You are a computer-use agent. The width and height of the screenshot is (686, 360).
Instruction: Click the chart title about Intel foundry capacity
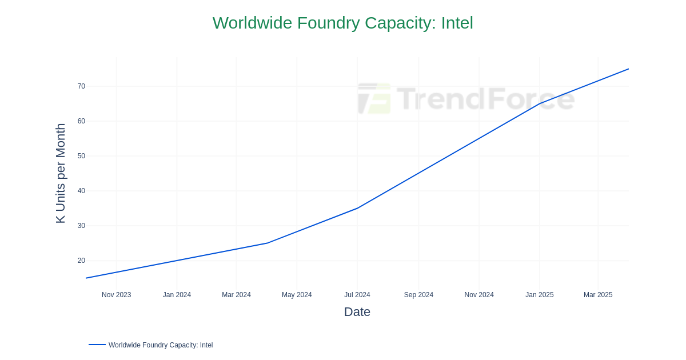(343, 23)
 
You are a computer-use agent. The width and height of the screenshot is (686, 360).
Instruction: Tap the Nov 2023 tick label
(117, 295)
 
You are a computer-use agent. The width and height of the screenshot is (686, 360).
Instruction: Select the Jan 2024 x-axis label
(177, 295)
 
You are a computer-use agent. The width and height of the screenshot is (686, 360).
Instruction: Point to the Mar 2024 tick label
(236, 295)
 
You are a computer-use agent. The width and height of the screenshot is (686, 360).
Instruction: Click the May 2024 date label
(297, 295)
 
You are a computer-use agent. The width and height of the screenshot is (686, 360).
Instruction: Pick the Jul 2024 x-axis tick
(357, 295)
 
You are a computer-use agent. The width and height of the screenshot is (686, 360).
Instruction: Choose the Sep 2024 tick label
(418, 295)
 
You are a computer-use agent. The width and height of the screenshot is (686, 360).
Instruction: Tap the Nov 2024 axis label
(479, 295)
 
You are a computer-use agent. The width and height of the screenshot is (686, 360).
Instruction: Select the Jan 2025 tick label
(540, 295)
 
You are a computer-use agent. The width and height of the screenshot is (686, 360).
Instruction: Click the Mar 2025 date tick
(598, 295)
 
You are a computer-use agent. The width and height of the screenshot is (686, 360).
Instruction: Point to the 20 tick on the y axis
(81, 261)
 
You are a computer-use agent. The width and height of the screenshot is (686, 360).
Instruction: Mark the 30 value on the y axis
(81, 226)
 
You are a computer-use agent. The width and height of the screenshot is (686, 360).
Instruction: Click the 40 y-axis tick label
(81, 191)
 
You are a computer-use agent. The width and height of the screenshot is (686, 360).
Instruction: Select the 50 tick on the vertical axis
(81, 156)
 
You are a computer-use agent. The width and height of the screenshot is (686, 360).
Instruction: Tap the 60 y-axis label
(81, 121)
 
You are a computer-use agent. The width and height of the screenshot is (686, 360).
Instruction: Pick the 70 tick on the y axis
(81, 86)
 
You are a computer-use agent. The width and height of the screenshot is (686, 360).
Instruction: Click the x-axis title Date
(357, 312)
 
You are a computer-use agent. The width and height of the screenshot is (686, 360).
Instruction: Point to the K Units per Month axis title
(61, 173)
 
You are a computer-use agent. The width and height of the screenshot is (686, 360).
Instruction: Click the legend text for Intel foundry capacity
(161, 345)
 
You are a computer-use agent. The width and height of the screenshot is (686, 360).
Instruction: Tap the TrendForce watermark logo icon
(374, 98)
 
